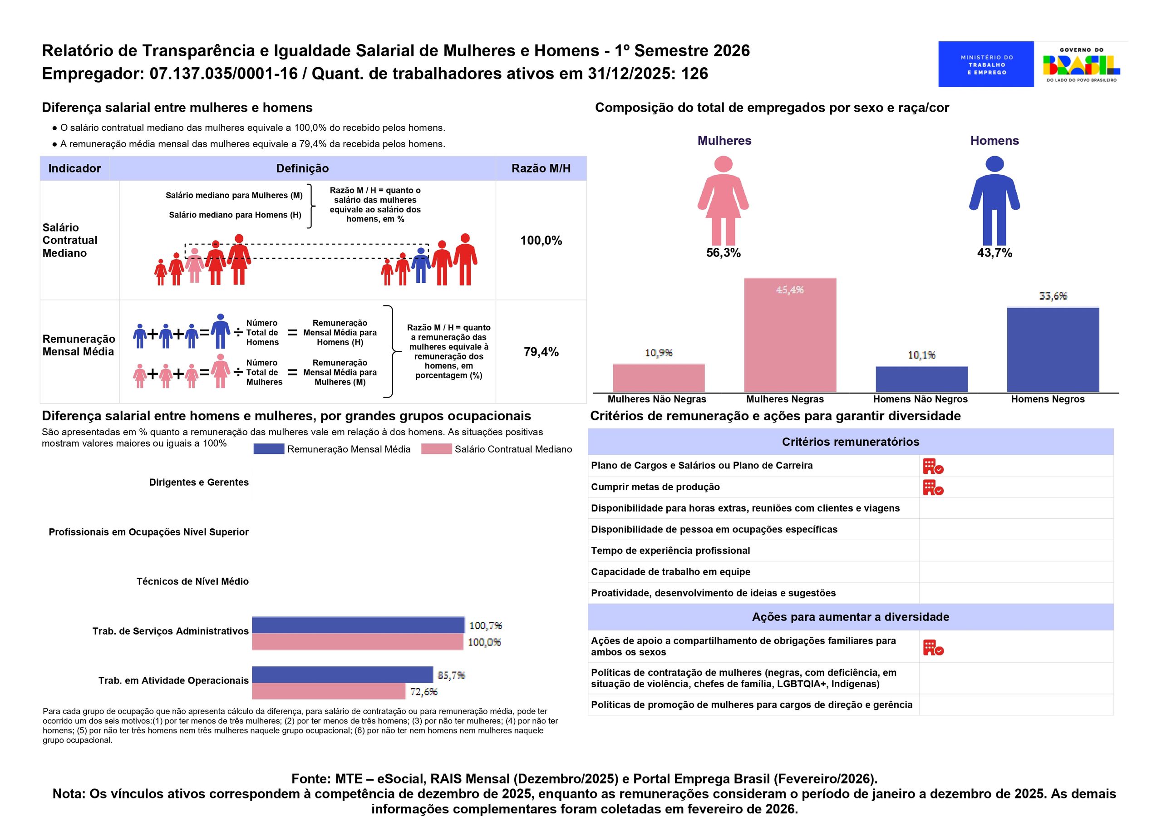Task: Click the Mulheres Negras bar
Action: coord(790,335)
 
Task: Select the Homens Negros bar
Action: coord(1053,349)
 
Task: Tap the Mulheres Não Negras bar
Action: coord(659,378)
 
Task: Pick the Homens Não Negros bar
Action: coord(921,379)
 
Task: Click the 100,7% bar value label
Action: coord(485,625)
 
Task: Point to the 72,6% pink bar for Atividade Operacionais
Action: coord(329,691)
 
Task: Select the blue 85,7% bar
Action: coord(343,674)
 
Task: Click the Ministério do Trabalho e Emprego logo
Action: coord(986,64)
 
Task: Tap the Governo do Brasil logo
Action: coord(1081,64)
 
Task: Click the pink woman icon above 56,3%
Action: coord(723,201)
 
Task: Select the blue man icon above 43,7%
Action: coord(995,201)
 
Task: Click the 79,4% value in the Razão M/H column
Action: coord(541,352)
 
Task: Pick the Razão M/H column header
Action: coord(541,168)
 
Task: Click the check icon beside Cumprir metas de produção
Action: coord(933,487)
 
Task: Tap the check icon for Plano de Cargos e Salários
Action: coord(933,466)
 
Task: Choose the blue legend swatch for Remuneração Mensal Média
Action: coord(269,449)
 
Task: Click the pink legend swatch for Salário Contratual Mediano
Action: coord(436,449)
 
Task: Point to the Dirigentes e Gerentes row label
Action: coord(199,482)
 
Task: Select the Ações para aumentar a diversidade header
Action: coord(850,617)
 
